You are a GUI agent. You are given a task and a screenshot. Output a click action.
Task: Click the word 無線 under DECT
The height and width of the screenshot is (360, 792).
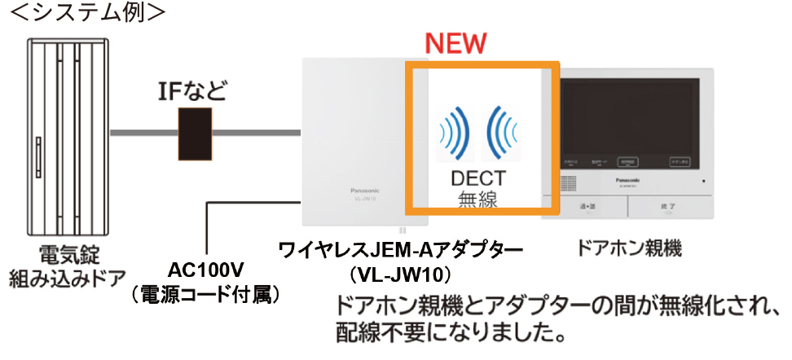479,200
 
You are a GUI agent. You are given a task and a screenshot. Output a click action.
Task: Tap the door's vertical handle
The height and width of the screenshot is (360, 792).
38,160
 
